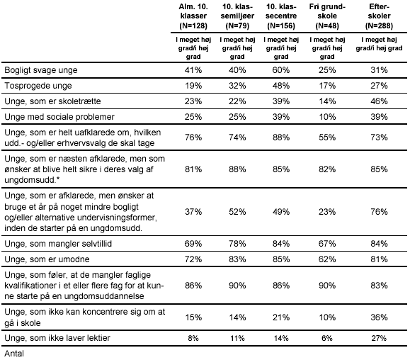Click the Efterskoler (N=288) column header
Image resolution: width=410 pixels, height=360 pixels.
pyautogui.click(x=379, y=16)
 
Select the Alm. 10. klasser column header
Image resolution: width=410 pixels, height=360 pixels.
pyautogui.click(x=193, y=16)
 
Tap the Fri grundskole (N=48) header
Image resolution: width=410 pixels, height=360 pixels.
pyautogui.click(x=327, y=16)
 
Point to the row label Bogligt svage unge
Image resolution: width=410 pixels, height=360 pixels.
pyautogui.click(x=41, y=70)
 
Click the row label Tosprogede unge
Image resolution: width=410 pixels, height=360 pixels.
pyautogui.click(x=38, y=86)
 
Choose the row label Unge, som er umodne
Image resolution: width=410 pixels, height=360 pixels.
pyautogui.click(x=47, y=259)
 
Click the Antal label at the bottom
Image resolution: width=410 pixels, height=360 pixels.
pyautogui.click(x=14, y=354)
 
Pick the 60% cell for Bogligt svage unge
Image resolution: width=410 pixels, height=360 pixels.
pyautogui.click(x=281, y=70)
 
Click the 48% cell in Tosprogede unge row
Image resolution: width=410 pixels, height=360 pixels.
pyautogui.click(x=281, y=86)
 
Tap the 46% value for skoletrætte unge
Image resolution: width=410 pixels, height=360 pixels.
pyautogui.click(x=379, y=101)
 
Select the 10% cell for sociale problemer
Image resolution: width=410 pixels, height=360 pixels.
pyautogui.click(x=327, y=117)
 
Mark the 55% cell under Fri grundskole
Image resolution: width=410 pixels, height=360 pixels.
pyautogui.click(x=327, y=137)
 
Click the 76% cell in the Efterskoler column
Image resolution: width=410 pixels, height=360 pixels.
pyautogui.click(x=379, y=212)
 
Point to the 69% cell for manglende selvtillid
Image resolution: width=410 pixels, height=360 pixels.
pyautogui.click(x=193, y=244)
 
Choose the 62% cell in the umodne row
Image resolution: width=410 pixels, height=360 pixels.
pyautogui.click(x=327, y=259)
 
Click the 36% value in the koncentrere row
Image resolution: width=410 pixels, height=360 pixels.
pyautogui.click(x=379, y=317)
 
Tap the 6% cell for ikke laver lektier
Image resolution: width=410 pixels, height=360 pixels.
pyautogui.click(x=327, y=338)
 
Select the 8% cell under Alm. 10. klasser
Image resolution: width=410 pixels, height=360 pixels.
pyautogui.click(x=193, y=338)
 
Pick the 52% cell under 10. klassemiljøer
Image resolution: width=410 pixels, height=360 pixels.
pyautogui.click(x=237, y=212)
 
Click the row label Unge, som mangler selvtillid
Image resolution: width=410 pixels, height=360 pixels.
pyautogui.click(x=58, y=244)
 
